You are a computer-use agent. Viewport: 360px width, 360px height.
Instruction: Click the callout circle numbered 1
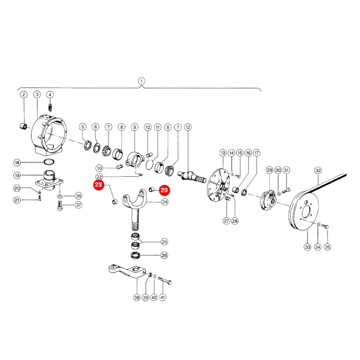pos(142,81)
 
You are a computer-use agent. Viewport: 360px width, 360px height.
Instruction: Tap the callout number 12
pos(188,127)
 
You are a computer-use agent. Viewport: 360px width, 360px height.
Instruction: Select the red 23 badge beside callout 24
pos(164,190)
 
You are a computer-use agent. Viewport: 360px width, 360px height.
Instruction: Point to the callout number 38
pos(137,298)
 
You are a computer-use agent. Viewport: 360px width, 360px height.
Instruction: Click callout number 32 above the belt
pos(318,170)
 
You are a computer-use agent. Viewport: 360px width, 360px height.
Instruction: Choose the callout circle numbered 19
pos(17,176)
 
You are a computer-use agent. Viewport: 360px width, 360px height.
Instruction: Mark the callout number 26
pos(164,255)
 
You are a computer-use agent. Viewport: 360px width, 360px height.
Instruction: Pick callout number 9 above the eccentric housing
pos(134,127)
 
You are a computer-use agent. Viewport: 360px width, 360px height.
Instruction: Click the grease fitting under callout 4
pos(50,107)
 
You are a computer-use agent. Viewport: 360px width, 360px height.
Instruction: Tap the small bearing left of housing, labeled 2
pos(24,126)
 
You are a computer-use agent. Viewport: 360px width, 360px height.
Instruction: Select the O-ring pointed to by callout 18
pos(49,162)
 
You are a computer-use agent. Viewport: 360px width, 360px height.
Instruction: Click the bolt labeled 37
pos(60,205)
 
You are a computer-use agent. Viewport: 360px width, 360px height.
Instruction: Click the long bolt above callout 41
pos(165,280)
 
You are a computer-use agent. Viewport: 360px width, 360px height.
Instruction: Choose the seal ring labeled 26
pos(136,255)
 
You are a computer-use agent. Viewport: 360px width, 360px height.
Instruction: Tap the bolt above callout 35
pos(325,226)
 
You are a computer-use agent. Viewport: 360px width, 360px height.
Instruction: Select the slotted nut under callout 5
pos(88,145)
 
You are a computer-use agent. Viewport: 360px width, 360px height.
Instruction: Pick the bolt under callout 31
pos(286,190)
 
